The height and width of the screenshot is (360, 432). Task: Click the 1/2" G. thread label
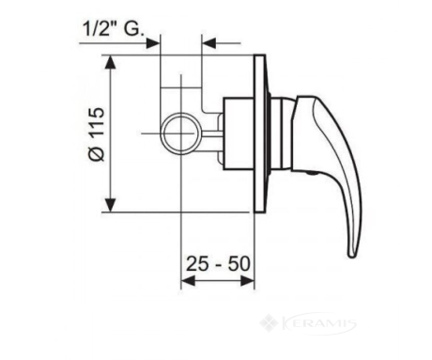coord(114,29)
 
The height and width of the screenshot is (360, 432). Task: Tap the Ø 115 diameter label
coord(96,134)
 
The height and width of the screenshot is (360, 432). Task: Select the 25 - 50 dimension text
coord(218,264)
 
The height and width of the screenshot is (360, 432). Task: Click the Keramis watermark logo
coord(308,323)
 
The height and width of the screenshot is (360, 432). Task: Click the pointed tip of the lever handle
coord(352,256)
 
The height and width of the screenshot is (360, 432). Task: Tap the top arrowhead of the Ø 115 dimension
coord(110,62)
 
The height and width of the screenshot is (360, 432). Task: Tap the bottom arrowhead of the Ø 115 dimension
coord(110,205)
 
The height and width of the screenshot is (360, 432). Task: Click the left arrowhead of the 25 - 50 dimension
coord(188,281)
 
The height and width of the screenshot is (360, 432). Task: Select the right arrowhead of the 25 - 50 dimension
coord(247,281)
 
